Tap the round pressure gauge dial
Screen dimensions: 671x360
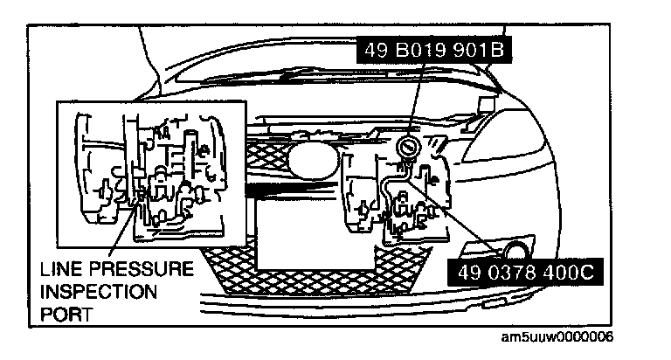(408, 145)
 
